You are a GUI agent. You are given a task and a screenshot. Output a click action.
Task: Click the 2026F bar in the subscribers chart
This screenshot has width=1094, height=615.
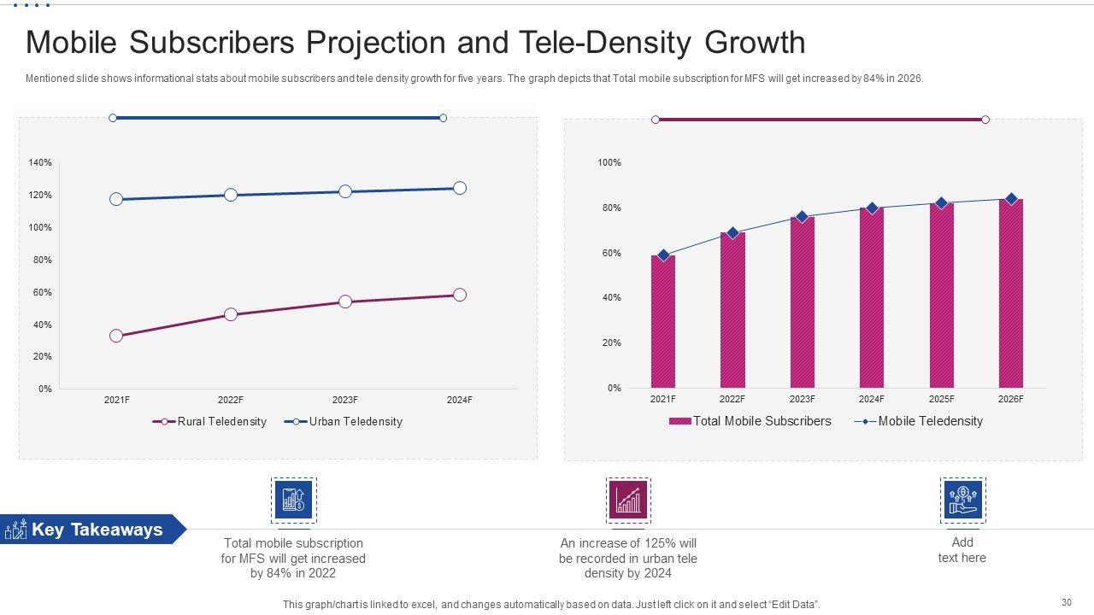tap(1010, 294)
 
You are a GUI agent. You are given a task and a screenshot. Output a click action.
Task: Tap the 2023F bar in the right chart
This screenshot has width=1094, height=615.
tap(802, 302)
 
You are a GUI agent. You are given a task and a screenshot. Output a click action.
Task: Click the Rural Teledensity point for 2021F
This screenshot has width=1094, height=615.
tap(116, 336)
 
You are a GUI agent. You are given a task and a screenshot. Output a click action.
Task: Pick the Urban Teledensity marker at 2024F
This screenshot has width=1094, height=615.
tap(460, 188)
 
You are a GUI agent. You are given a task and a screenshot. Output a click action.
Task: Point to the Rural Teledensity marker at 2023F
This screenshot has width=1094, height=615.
tap(345, 302)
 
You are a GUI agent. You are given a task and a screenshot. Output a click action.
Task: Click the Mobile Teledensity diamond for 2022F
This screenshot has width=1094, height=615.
tap(732, 233)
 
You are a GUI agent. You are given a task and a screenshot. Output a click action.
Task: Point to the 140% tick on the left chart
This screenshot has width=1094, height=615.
tap(40, 162)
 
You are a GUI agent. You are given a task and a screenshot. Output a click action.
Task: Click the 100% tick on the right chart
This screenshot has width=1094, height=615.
tap(609, 162)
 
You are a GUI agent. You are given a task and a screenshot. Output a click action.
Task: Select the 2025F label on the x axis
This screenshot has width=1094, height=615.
tap(941, 399)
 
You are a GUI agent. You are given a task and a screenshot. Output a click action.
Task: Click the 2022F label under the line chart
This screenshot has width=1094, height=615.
tap(231, 400)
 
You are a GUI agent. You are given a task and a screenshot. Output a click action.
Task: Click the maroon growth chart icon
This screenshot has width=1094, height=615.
tap(628, 500)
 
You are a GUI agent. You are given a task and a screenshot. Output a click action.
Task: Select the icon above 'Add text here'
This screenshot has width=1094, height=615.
tap(962, 500)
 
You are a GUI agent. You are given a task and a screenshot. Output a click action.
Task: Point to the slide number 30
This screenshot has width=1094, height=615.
tap(1066, 601)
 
